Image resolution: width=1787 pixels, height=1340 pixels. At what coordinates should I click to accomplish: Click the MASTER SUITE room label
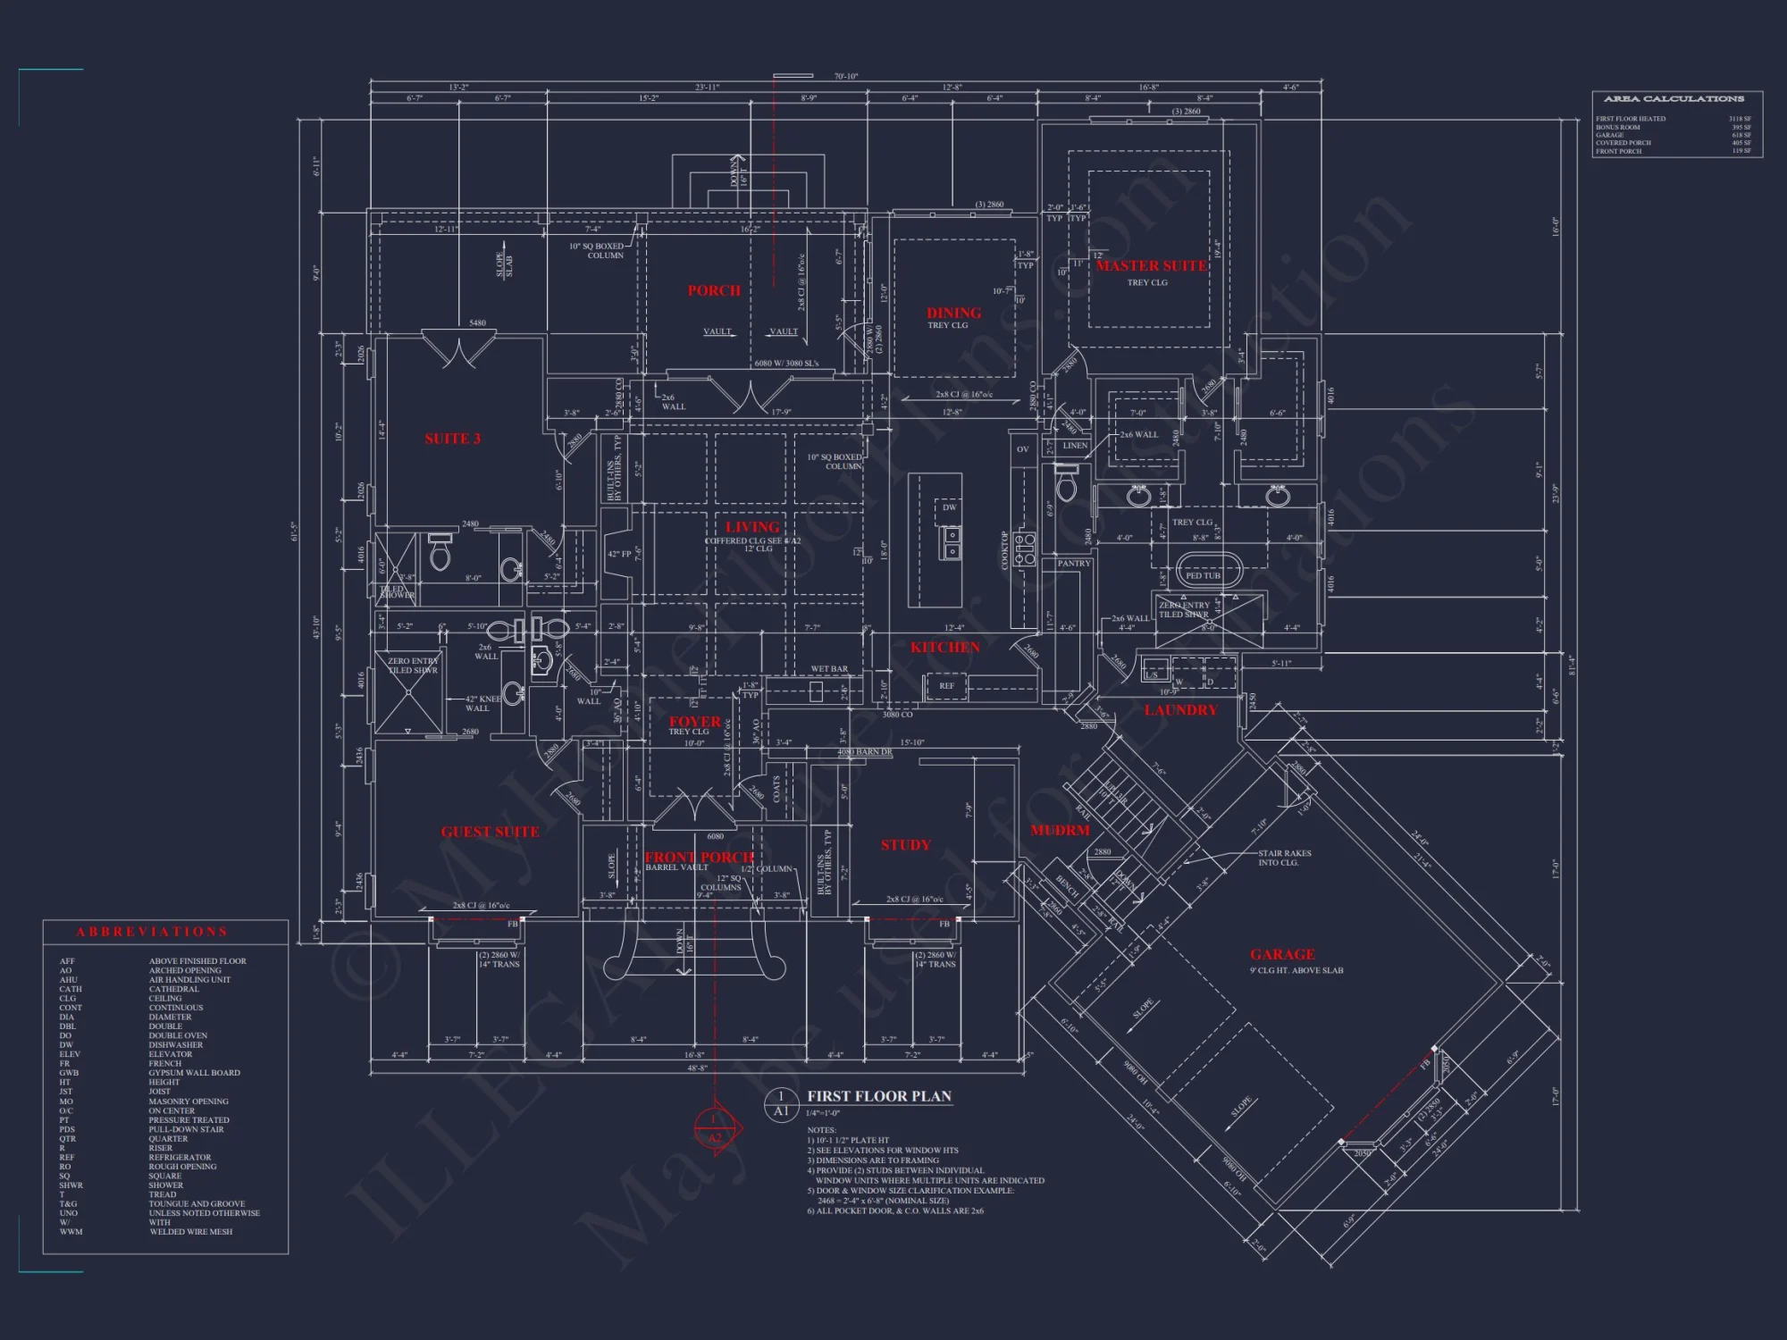[x=1151, y=265]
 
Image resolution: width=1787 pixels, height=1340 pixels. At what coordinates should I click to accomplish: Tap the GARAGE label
[x=1282, y=954]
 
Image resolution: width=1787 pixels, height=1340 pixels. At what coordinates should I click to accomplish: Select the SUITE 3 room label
[x=452, y=439]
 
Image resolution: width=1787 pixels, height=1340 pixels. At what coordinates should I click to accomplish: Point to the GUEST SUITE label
[x=490, y=832]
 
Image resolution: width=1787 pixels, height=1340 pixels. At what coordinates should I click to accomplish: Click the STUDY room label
[x=905, y=845]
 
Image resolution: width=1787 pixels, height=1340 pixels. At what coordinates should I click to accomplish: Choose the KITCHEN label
[x=944, y=647]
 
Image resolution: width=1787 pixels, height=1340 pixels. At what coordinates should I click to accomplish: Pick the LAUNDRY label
[x=1180, y=710]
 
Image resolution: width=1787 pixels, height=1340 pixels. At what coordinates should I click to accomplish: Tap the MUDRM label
[x=1060, y=830]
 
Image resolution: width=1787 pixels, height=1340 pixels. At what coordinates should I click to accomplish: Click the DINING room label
[x=953, y=313]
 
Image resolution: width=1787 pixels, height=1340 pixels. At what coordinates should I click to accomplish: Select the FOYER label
[x=694, y=722]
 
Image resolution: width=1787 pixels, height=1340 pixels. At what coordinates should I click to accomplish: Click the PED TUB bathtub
[x=1203, y=573]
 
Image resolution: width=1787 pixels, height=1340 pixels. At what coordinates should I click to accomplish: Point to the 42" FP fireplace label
[x=619, y=554]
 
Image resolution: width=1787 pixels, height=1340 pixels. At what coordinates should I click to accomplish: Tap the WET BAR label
[x=829, y=669]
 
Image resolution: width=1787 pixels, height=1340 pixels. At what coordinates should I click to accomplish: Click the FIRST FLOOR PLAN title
[x=879, y=1096]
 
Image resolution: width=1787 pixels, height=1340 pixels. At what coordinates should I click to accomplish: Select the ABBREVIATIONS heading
[x=152, y=932]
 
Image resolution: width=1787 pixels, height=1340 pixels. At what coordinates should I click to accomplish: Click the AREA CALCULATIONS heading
[x=1674, y=99]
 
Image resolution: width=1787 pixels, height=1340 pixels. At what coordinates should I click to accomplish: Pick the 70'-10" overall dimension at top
[x=845, y=77]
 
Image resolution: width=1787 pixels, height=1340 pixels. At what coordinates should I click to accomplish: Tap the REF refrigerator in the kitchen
[x=946, y=686]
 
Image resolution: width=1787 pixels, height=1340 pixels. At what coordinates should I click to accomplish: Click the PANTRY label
[x=1073, y=564]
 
